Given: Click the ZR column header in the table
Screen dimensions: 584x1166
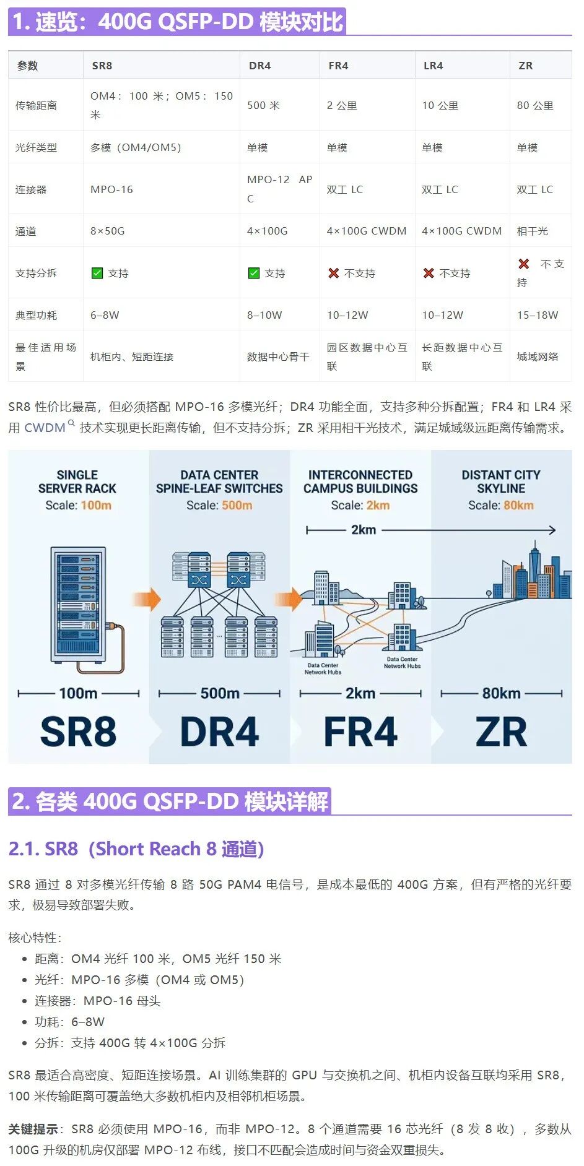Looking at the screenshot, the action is tap(525, 66).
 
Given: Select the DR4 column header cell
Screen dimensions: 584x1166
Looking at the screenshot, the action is tap(259, 66).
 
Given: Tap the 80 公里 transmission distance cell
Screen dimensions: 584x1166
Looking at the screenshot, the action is tap(535, 105).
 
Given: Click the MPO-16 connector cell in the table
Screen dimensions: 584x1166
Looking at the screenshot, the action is tap(111, 189).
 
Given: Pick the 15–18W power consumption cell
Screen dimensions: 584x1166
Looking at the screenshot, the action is tap(538, 315).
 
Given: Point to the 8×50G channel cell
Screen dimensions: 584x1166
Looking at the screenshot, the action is tap(107, 231).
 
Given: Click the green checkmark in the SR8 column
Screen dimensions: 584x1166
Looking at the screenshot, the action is tap(97, 273).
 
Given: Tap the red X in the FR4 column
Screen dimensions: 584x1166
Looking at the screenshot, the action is tap(333, 273).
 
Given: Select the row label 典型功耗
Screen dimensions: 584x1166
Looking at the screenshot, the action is tap(36, 315).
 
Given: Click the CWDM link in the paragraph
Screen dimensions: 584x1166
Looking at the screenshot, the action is tap(45, 428).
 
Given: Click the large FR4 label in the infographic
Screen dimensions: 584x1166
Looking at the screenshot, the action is tap(360, 732).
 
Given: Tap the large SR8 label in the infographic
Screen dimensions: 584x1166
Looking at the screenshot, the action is tap(78, 732).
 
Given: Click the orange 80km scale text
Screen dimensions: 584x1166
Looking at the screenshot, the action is tap(518, 505).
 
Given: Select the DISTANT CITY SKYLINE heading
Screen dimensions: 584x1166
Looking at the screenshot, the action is tap(501, 482).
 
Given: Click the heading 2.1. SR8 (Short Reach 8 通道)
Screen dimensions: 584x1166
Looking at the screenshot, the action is tap(136, 849).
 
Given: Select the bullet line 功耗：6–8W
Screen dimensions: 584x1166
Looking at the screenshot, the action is tap(70, 1022).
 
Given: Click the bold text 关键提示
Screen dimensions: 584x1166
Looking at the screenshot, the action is tap(33, 1129).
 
